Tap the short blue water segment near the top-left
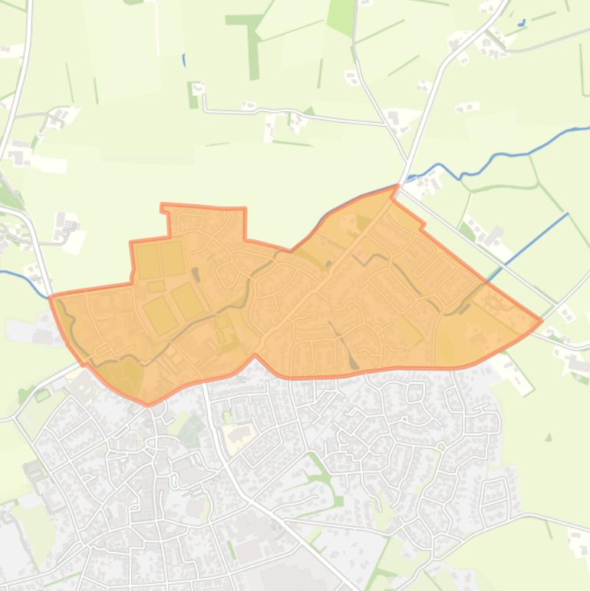tap(184, 59)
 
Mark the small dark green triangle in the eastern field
tap(549, 437)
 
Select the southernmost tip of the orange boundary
tap(148, 404)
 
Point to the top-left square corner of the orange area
tap(162, 205)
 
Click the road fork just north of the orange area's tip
tap(406, 162)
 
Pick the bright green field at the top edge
tap(341, 15)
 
